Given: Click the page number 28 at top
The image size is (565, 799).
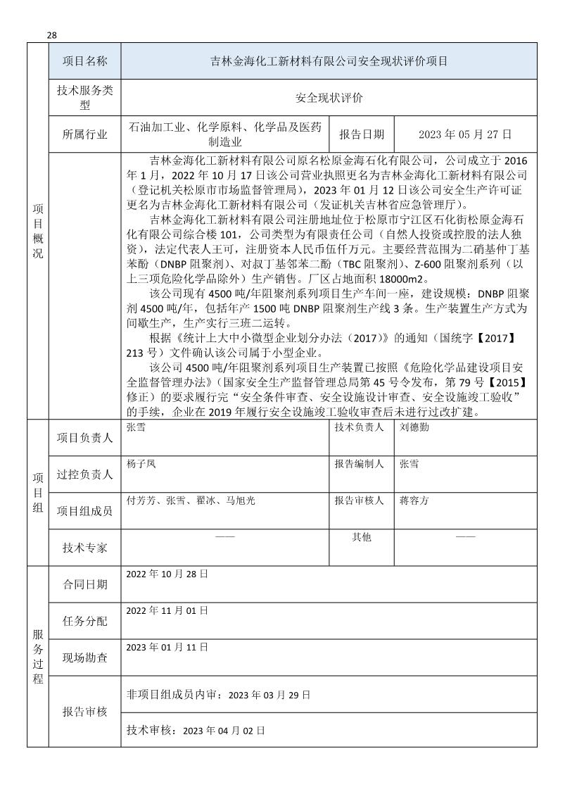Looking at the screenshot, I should pos(52,36).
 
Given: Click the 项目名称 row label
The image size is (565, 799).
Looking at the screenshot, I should pos(84,61).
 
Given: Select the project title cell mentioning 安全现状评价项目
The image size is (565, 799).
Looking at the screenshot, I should pos(329,61).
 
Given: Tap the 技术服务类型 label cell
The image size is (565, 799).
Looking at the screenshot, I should pos(84,99).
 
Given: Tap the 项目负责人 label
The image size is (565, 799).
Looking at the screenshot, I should pos(84,438).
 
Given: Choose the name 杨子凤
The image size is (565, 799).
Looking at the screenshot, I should pos(141,465).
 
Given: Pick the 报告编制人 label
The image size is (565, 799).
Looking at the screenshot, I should pos(359,465).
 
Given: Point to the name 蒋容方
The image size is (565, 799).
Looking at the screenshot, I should pos(414,501).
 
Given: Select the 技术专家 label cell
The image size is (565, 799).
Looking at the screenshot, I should pos(84,547).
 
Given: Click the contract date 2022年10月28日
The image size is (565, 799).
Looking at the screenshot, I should pos(167,574).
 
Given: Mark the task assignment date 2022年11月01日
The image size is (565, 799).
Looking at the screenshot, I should pos(167,610).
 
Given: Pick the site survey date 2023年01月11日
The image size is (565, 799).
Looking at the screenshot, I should pos(167,646).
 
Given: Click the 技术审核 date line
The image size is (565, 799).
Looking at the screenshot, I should pos(195,731).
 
